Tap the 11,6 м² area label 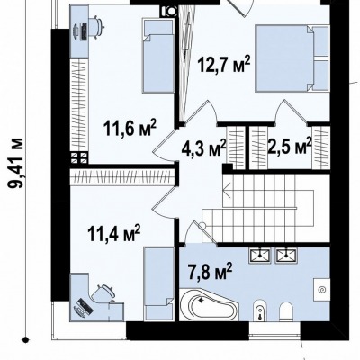click(130, 128)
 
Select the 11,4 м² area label click(114, 233)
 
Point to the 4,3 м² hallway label click(203, 148)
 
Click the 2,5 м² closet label click(290, 146)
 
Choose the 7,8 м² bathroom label click(211, 271)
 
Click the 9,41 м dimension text click(15, 163)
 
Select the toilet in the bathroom click(285, 310)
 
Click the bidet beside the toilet click(259, 310)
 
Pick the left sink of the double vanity click(260, 256)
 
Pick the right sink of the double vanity click(286, 256)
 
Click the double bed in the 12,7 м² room click(292, 58)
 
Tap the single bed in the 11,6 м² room click(158, 56)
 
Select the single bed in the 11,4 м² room click(158, 284)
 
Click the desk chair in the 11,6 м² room click(96, 27)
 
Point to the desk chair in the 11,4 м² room click(103, 293)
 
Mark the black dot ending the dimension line click(26, 339)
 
